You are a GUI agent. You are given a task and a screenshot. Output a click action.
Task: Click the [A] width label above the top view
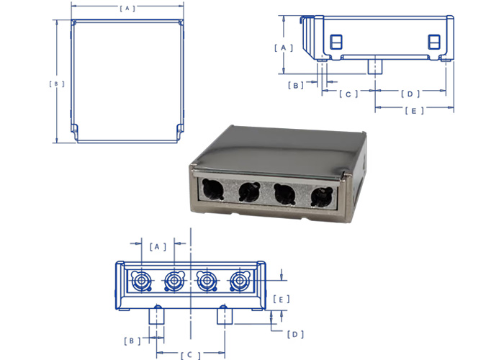(127, 9)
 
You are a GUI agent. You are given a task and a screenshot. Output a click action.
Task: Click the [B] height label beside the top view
(57, 84)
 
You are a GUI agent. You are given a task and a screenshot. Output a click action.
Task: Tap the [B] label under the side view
(296, 85)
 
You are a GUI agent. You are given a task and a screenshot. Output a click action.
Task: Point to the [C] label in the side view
(348, 94)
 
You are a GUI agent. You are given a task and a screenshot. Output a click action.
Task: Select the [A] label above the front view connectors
(158, 246)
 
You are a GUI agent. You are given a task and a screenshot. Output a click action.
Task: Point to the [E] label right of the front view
(284, 298)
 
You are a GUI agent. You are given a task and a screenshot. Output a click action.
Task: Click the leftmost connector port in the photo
(213, 190)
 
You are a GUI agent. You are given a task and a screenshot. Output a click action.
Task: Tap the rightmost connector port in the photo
(320, 196)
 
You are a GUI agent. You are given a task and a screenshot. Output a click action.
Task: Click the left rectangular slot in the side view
(336, 42)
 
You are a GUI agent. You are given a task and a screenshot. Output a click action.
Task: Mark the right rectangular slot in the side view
(433, 42)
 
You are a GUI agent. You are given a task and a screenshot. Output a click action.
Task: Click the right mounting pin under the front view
(224, 315)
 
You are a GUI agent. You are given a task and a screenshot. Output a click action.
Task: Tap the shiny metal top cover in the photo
(281, 148)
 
